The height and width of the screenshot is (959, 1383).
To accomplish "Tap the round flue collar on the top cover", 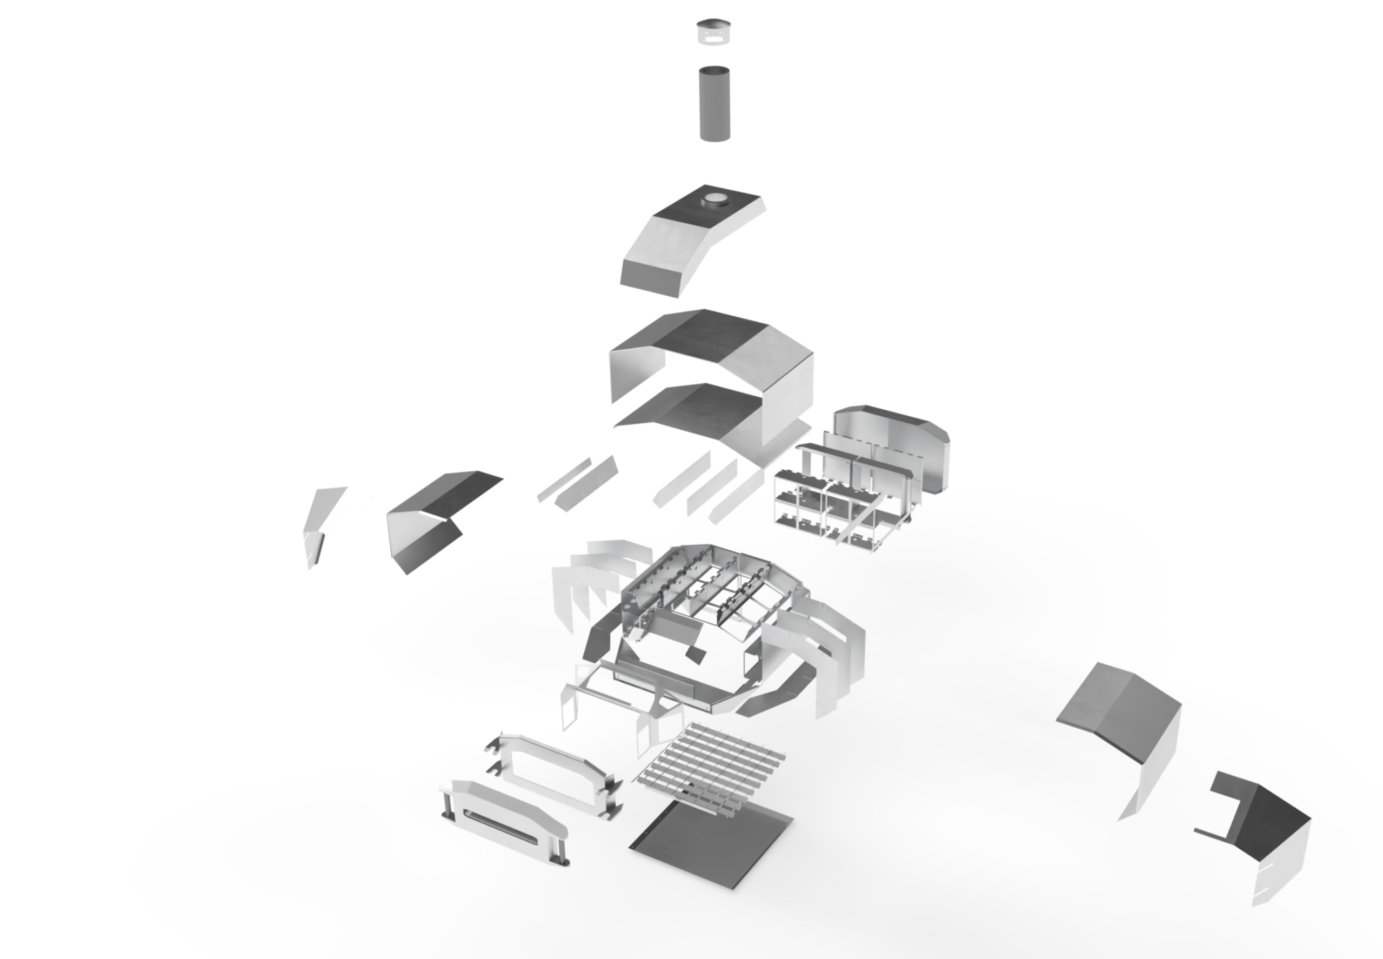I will click(x=714, y=198).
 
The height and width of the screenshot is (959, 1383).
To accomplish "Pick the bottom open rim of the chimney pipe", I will click(x=715, y=138).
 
